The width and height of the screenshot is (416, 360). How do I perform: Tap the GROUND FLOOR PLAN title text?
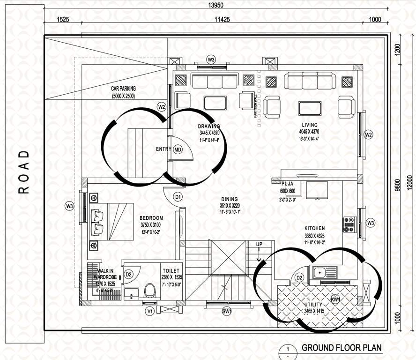click(342, 348)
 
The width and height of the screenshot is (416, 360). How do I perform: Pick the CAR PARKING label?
click(123, 88)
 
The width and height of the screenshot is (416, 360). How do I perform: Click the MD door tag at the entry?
click(178, 150)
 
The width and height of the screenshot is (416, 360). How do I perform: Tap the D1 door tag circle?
click(178, 197)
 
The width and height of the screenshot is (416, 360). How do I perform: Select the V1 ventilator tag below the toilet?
click(150, 311)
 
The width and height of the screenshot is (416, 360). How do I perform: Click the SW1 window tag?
click(227, 311)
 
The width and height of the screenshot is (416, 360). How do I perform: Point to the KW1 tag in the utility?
click(335, 300)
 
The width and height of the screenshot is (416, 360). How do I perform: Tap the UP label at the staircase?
click(259, 244)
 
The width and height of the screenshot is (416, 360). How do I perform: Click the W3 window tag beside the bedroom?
click(70, 206)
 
